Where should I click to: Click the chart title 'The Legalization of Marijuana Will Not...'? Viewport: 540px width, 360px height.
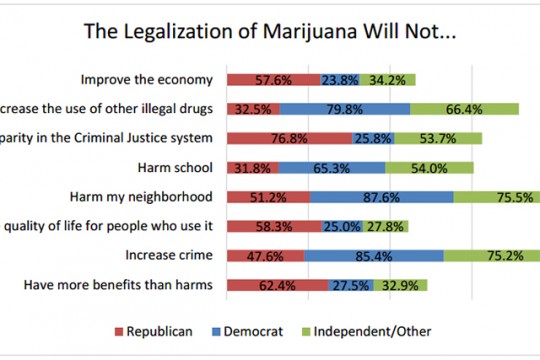point(269,32)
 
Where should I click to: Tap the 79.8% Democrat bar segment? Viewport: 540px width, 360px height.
point(345,109)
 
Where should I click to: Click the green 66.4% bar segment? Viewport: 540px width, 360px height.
point(464,109)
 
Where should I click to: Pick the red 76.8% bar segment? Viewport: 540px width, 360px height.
point(288,138)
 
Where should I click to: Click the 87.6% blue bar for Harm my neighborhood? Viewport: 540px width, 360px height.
point(381,197)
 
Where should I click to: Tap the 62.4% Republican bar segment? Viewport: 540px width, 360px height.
point(277,285)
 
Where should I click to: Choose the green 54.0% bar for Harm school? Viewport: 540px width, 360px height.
point(430,168)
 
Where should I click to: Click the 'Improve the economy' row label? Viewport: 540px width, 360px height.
point(147,79)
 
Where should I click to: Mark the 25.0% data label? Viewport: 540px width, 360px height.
point(342,227)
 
